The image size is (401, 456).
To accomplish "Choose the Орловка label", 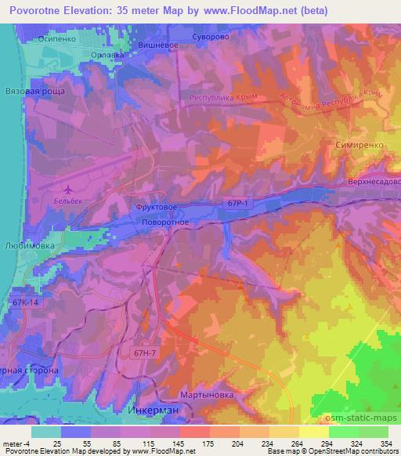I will (x=108, y=55).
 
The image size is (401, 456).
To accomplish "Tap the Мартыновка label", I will (x=207, y=396).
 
